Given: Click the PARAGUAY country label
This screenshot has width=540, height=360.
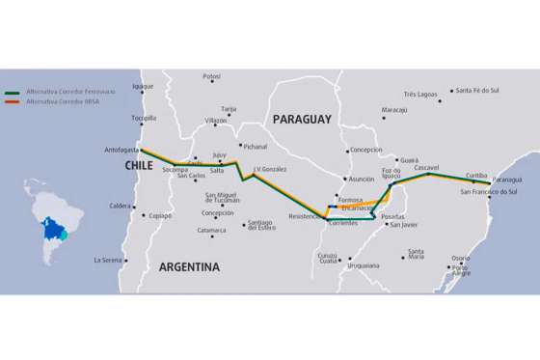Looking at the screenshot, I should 301,119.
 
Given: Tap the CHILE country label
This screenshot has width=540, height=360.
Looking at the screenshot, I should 139,166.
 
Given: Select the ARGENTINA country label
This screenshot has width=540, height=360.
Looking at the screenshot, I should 189,266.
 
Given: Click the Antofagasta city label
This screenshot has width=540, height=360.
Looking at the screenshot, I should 121,150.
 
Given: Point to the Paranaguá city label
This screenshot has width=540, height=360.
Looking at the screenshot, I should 506,180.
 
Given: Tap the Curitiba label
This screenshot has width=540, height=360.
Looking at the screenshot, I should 476,175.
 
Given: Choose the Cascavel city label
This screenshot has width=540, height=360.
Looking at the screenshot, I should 426,167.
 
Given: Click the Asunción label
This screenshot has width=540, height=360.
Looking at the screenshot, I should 362,179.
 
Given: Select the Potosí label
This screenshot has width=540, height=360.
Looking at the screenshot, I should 212,76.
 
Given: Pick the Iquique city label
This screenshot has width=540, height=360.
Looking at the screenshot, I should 143,85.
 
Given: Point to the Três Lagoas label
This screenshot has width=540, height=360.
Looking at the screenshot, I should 421,95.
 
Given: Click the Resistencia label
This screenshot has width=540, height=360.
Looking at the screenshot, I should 304,216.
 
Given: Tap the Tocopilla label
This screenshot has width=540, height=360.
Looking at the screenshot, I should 144,118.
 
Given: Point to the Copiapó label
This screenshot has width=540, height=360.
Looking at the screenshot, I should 159,215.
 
